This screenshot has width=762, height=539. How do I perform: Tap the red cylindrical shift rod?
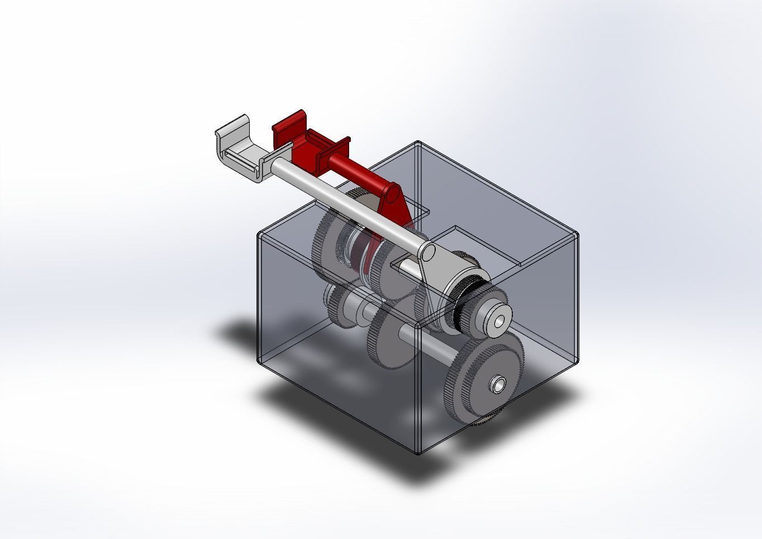tap(358, 171)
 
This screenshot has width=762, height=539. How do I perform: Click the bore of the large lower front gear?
tap(496, 385)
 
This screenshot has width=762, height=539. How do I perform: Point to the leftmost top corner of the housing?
tap(259, 233)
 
